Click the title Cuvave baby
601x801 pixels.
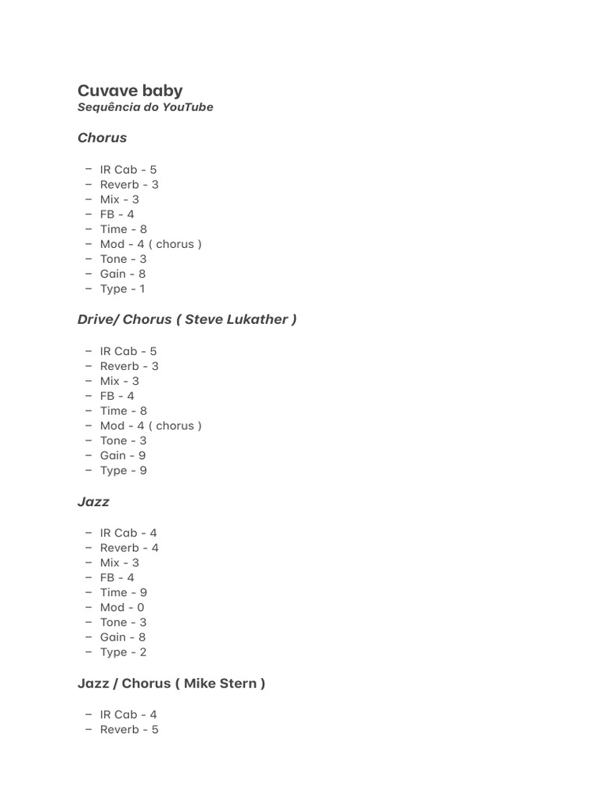pos(130,91)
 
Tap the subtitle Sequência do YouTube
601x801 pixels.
pos(145,107)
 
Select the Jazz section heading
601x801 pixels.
pos(93,501)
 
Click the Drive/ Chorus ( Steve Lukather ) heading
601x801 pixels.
pos(186,319)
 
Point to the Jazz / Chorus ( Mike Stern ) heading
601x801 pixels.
pos(171,683)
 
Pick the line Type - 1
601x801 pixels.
pos(122,289)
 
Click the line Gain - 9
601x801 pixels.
pos(123,455)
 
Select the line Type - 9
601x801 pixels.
pos(123,470)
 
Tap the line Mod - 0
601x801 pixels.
pos(122,607)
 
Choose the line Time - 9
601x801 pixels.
pos(123,592)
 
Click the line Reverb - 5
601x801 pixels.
pos(129,729)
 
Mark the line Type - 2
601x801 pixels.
pos(123,652)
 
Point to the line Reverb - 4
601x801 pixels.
pos(129,548)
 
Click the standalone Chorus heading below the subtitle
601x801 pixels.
pos(102,138)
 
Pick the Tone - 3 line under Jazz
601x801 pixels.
pos(123,622)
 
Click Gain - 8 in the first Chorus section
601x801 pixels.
pos(123,274)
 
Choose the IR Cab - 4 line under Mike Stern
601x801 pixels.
pos(128,714)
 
